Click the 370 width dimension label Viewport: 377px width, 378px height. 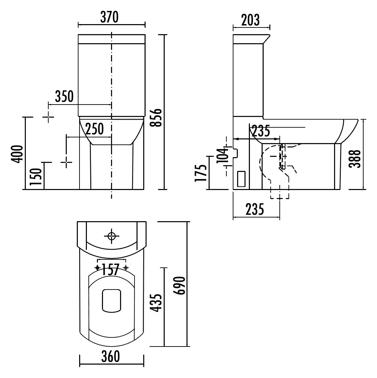[x=109, y=17]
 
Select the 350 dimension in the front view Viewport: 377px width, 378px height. [x=64, y=97]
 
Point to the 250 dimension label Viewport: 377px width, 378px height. [x=95, y=129]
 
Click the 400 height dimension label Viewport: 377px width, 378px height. [x=17, y=154]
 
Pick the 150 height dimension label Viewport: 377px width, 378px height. [x=36, y=177]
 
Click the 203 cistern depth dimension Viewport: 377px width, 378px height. [x=251, y=20]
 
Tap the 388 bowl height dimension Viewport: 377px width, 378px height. [x=355, y=159]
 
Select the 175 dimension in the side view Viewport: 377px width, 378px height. [x=201, y=173]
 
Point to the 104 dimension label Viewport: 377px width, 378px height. [x=222, y=155]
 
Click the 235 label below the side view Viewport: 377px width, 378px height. [x=255, y=209]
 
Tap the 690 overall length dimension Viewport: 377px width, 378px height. [x=180, y=286]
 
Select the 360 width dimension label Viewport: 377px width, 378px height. [x=111, y=357]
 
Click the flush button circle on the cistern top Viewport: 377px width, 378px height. [x=111, y=236]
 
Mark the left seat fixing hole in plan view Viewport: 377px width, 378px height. [x=98, y=268]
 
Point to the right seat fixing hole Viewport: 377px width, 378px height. [x=125, y=268]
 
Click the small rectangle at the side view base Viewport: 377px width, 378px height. [x=241, y=179]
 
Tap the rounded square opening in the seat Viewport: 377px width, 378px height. [x=111, y=300]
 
